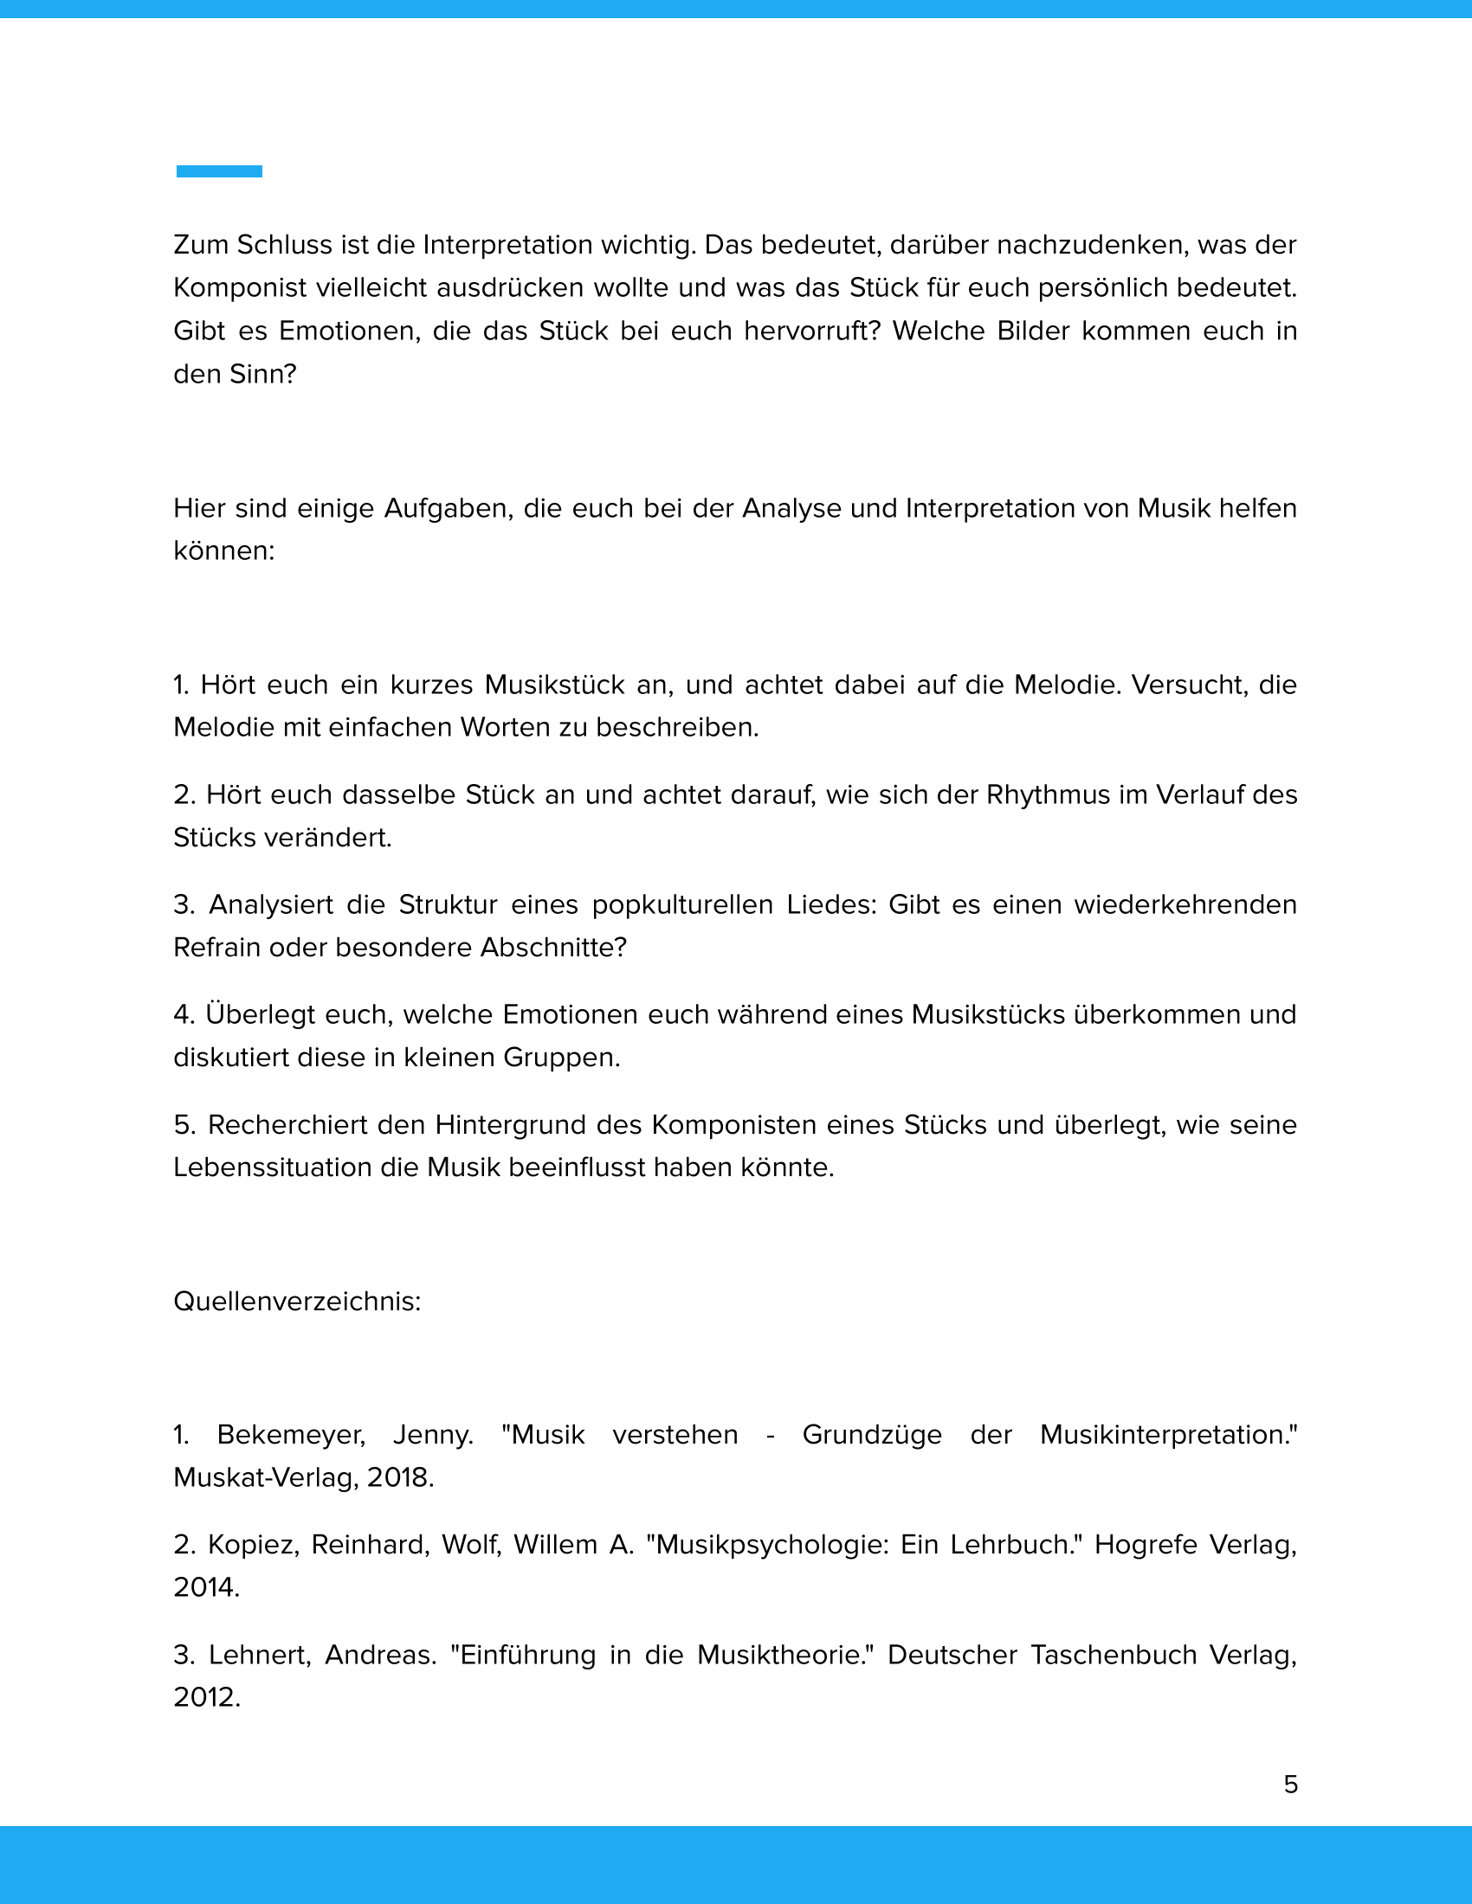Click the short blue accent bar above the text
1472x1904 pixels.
pyautogui.click(x=219, y=170)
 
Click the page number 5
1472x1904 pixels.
pyautogui.click(x=1291, y=1785)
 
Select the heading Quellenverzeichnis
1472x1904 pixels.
pyautogui.click(x=296, y=1302)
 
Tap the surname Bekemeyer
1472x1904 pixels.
pyautogui.click(x=290, y=1435)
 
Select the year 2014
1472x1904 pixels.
pyautogui.click(x=206, y=1587)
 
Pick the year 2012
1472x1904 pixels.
pyautogui.click(x=207, y=1697)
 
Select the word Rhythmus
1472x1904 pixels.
pyautogui.click(x=1048, y=795)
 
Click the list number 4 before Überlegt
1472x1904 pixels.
pyautogui.click(x=182, y=1015)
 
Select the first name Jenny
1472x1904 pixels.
pyautogui.click(x=433, y=1435)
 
